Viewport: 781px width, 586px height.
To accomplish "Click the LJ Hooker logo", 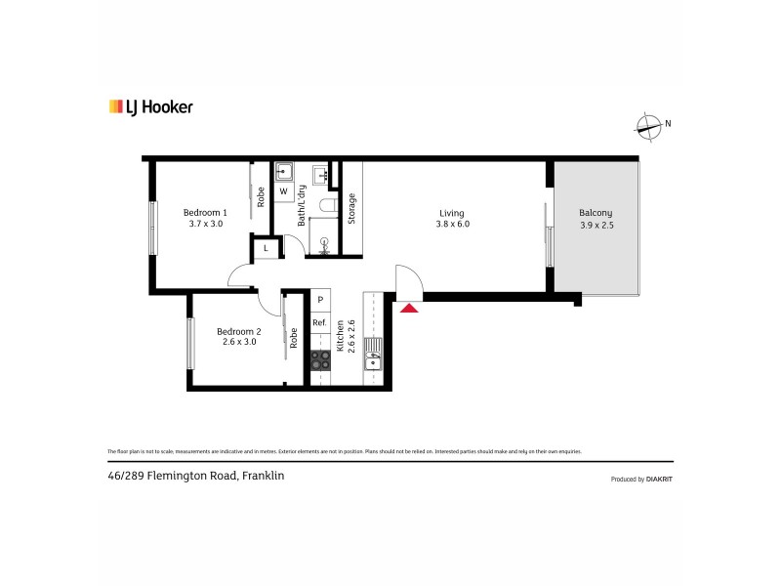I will [x=150, y=106].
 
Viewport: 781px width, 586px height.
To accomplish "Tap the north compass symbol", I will [x=648, y=124].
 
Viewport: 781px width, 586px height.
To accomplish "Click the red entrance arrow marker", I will [x=410, y=308].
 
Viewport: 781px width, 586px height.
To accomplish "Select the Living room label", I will [x=451, y=213].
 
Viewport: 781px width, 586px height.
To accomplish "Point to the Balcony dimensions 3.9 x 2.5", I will [x=596, y=225].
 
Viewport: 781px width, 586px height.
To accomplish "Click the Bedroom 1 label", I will [x=205, y=212].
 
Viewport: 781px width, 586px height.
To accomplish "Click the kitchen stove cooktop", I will [x=320, y=361].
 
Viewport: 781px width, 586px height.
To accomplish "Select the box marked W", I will [x=284, y=192].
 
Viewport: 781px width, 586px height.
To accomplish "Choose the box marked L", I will [x=266, y=249].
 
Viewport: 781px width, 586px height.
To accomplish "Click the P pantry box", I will [x=319, y=301].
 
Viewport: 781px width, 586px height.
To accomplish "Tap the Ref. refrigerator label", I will [x=319, y=323].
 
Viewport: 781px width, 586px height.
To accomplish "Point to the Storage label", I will [x=351, y=209].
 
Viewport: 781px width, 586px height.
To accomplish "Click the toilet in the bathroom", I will [x=330, y=204].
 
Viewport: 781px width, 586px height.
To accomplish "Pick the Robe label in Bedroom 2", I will [x=293, y=338].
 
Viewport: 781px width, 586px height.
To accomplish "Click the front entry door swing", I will [x=407, y=280].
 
